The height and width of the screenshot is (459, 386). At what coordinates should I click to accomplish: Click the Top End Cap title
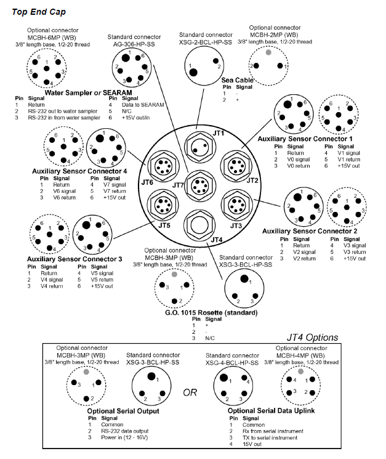[39, 11]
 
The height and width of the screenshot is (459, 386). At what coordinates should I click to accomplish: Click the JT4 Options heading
[313, 337]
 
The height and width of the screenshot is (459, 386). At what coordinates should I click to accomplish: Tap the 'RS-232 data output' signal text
[126, 431]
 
